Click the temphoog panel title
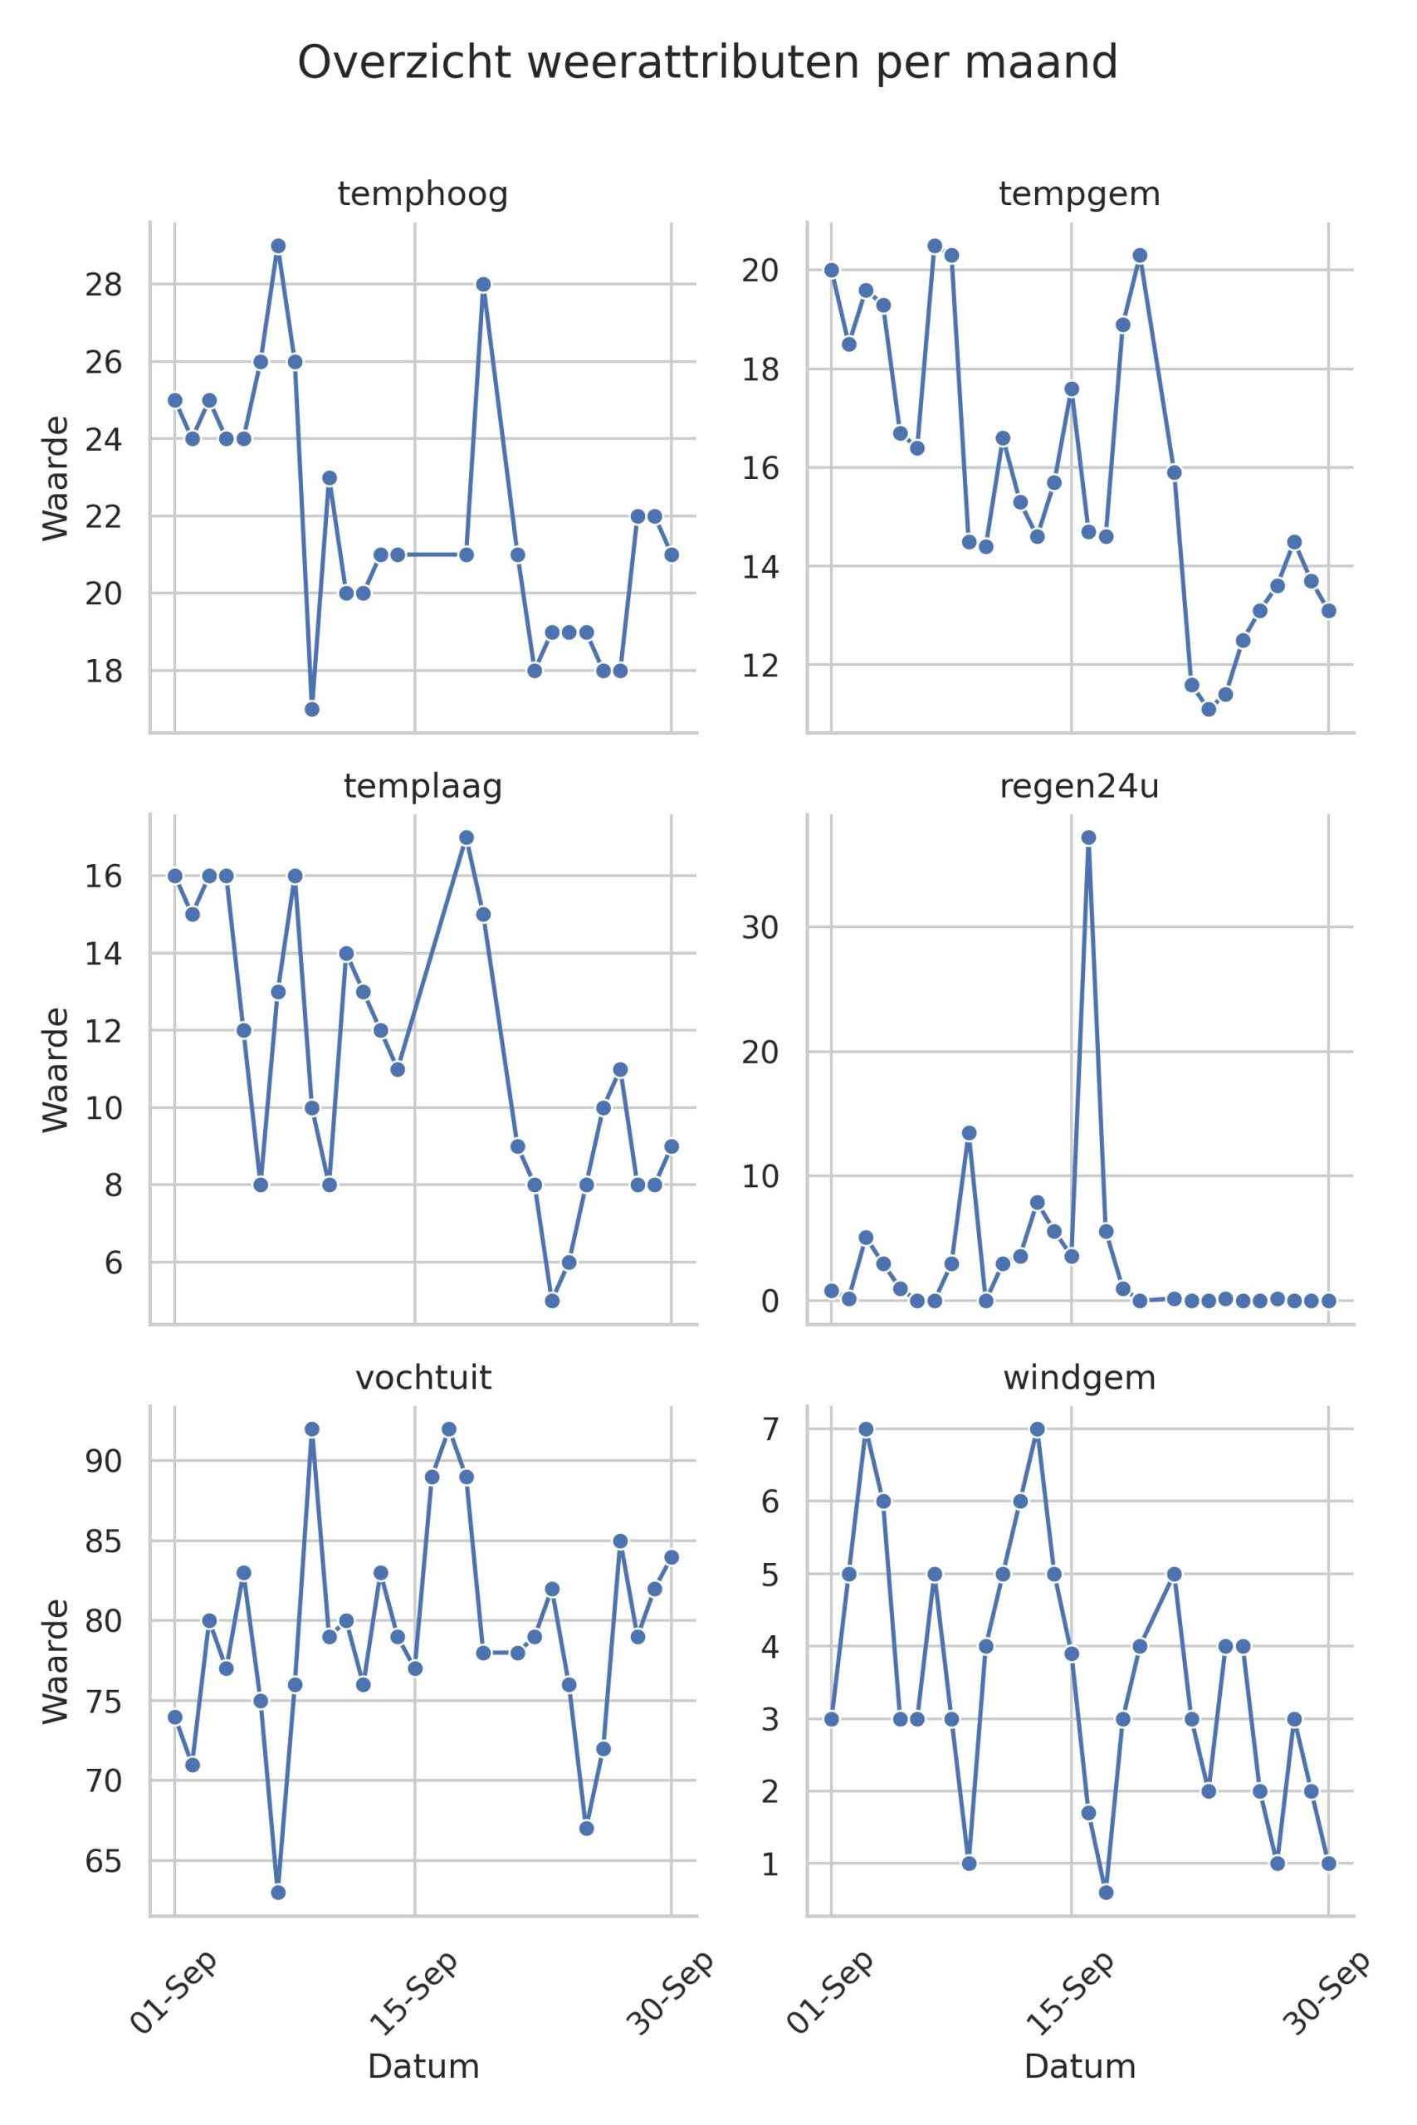(423, 194)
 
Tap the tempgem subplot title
(1079, 194)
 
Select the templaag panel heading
(423, 787)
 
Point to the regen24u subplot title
(1079, 787)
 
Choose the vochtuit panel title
(423, 1378)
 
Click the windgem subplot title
(1079, 1378)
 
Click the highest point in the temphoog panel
(278, 246)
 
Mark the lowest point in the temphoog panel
(312, 709)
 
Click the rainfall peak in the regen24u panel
(1089, 838)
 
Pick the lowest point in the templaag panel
(552, 1301)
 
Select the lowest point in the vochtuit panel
(278, 1893)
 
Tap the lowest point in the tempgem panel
(1209, 709)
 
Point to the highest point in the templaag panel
(467, 838)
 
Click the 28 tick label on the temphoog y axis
(103, 285)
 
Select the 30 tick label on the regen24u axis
(760, 927)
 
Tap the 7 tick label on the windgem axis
(770, 1429)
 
